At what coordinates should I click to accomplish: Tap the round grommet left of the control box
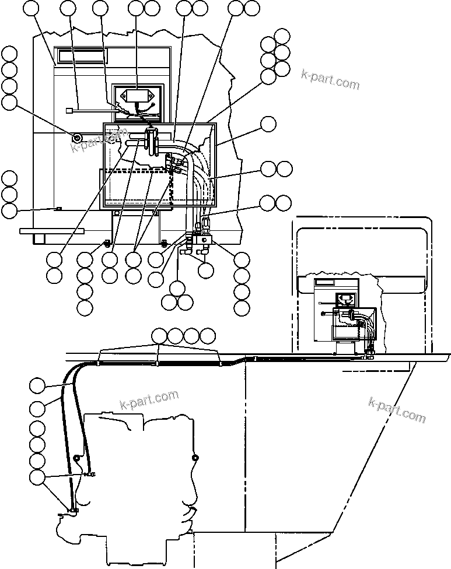coord(77,138)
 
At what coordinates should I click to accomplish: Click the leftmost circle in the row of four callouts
coord(159,336)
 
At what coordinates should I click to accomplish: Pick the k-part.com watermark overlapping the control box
coord(99,140)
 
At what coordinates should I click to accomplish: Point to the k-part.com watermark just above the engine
coord(149,399)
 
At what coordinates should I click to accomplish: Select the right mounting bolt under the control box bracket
coord(163,242)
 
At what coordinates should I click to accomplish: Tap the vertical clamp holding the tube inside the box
coord(152,142)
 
